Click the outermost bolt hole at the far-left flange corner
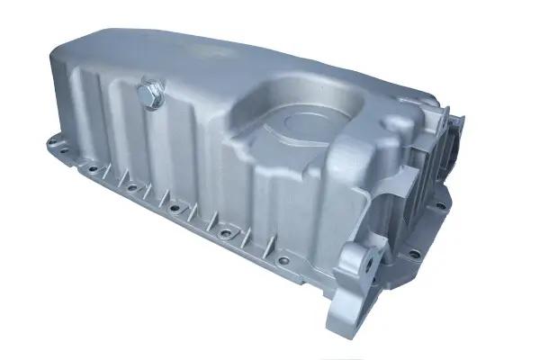[x=51, y=141]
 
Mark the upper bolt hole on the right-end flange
[x=441, y=205]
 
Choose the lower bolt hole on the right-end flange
[x=413, y=252]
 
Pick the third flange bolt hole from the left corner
[x=132, y=187]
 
